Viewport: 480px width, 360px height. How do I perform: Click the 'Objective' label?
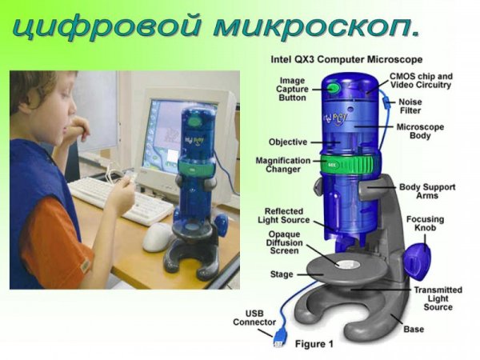(288, 142)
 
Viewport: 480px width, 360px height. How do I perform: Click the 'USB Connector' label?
(254, 317)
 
